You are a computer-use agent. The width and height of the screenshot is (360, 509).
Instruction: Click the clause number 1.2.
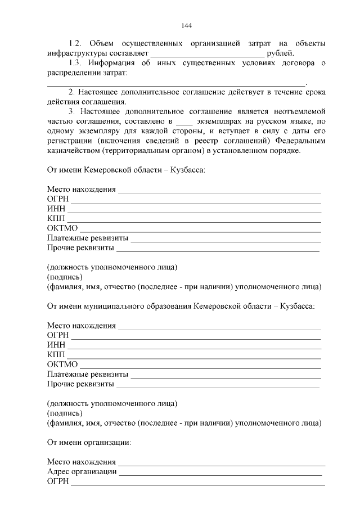click(75, 43)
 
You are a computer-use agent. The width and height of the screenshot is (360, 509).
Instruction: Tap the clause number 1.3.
click(75, 63)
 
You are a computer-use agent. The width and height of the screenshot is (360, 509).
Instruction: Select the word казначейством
click(73, 151)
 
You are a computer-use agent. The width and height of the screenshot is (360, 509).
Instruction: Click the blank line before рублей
click(208, 54)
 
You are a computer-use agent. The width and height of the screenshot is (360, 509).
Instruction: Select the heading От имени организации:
click(89, 442)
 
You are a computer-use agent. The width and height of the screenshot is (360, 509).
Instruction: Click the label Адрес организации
click(82, 471)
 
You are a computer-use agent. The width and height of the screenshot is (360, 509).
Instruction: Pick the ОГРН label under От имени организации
click(57, 481)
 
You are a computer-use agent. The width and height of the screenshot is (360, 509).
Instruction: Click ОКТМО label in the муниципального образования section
click(62, 364)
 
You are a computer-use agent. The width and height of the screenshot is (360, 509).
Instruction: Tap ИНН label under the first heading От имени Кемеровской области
click(56, 209)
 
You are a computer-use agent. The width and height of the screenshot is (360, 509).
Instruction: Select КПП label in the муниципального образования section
click(56, 354)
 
